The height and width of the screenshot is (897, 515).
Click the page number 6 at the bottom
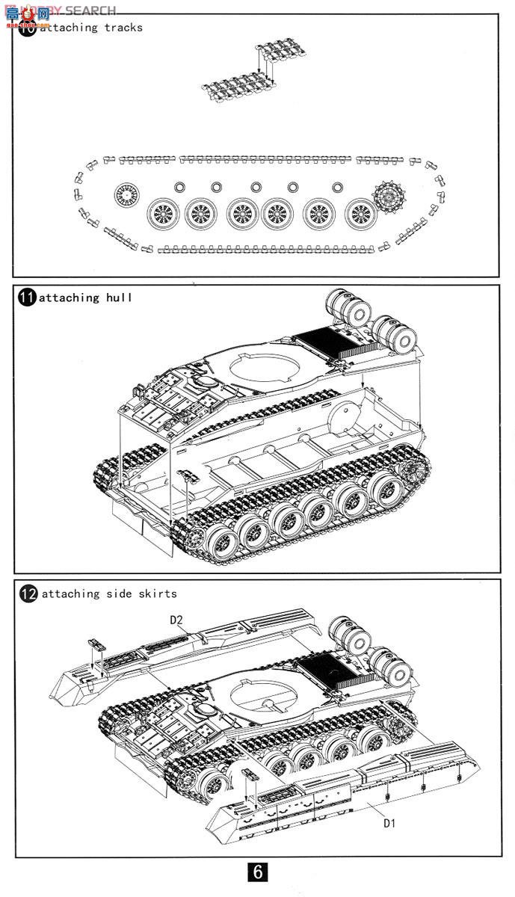point(256,872)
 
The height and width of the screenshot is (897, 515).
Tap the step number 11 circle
point(26,298)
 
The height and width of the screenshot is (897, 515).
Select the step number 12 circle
point(28,594)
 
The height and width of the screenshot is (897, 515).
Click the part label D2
point(176,620)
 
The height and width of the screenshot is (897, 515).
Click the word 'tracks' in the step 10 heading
point(123,28)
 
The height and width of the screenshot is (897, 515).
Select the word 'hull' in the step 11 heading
point(119,298)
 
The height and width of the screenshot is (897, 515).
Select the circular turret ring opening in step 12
point(261,694)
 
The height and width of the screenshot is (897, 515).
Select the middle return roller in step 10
point(256,187)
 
